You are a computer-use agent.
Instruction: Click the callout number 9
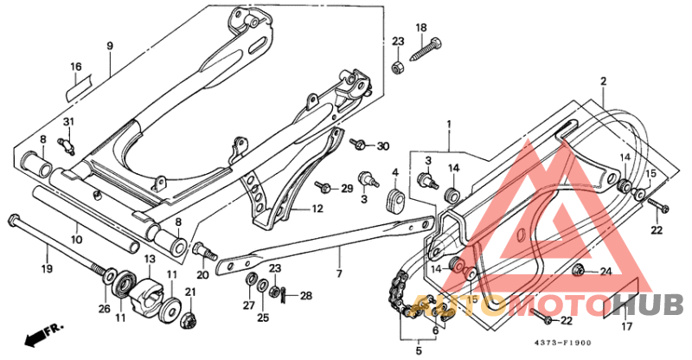(x=110, y=45)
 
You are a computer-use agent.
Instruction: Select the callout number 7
(x=339, y=273)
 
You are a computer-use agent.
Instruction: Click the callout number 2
(x=603, y=80)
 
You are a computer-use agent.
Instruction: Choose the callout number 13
(x=149, y=260)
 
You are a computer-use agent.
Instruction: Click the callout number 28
(x=305, y=296)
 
